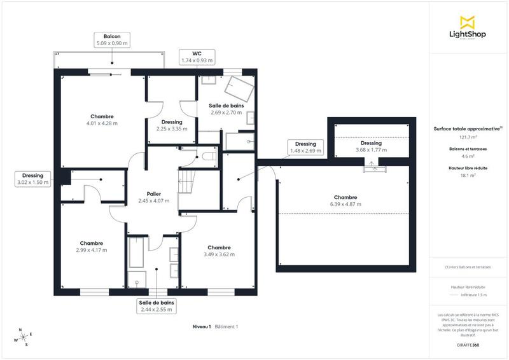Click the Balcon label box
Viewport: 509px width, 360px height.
click(112, 40)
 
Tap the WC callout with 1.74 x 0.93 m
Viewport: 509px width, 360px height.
click(197, 57)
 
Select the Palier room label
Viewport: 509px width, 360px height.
click(154, 197)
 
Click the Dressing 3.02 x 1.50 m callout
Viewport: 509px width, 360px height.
click(32, 179)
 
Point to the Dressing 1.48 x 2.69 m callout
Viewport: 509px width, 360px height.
click(305, 148)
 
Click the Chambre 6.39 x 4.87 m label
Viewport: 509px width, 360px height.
click(345, 201)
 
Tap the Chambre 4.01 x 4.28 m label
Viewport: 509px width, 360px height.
click(102, 120)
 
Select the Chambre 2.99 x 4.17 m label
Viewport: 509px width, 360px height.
click(92, 247)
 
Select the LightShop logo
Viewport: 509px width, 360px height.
click(468, 29)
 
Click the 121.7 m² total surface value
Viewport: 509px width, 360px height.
click(468, 137)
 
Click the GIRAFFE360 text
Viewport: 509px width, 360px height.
click(468, 344)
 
